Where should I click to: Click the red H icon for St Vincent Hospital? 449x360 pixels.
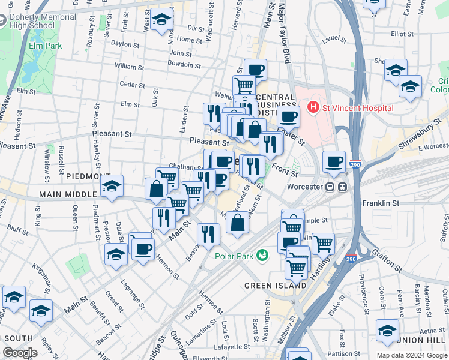coord(313,107)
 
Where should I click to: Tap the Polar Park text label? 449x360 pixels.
coord(233,256)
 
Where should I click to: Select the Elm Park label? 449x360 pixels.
coord(46,44)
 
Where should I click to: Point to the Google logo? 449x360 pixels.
coord(20,353)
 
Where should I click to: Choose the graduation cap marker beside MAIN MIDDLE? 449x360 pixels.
coord(112,187)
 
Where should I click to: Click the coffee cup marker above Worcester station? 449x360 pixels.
coord(334,161)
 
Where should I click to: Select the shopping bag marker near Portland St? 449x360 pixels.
coord(238,223)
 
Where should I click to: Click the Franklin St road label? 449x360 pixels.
coord(381,203)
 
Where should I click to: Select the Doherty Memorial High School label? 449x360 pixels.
coord(43,22)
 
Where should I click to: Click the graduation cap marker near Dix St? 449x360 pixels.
coord(161,20)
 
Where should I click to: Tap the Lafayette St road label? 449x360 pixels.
coord(232,346)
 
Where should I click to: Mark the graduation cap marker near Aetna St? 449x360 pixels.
coord(387,331)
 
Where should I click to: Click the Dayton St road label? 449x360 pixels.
coord(125,44)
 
